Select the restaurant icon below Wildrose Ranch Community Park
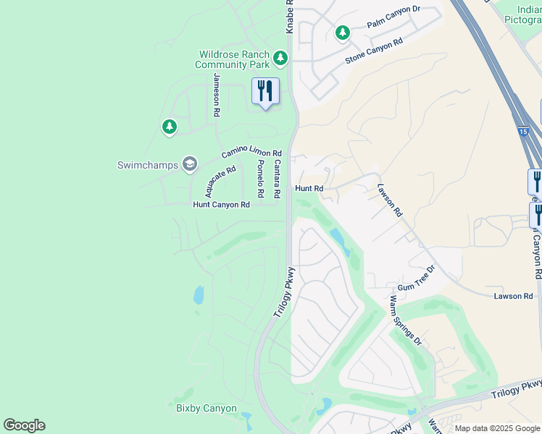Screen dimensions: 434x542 [x=265, y=91]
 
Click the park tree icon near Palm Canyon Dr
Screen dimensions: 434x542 [x=342, y=33]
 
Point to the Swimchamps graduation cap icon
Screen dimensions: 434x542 [x=190, y=164]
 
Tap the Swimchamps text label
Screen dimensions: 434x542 [x=148, y=165]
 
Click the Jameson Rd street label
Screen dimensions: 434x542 [x=216, y=95]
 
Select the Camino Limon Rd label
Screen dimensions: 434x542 [x=251, y=152]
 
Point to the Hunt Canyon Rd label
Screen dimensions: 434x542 [x=221, y=205]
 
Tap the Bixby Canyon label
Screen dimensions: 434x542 [x=207, y=408]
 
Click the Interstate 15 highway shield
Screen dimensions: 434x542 [x=522, y=132]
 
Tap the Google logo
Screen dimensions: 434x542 [x=24, y=425]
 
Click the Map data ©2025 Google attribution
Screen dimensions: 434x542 [x=498, y=428]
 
